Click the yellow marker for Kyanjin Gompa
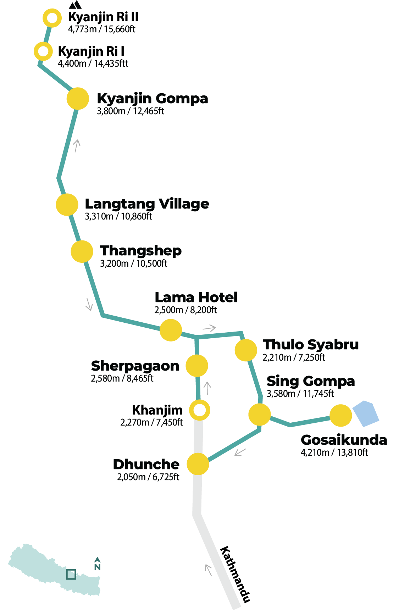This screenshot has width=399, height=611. tap(78, 99)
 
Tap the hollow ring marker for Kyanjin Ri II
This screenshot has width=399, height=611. tap(52, 18)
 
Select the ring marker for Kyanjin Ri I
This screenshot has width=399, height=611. tap(43, 51)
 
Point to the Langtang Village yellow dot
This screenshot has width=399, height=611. tap(67, 205)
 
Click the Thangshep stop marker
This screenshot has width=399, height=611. tap(82, 251)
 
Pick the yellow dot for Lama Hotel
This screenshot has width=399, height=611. tap(171, 330)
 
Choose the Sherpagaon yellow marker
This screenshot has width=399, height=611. tap(197, 366)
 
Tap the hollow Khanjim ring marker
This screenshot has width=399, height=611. tap(200, 410)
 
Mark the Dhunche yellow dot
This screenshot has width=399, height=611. tap(198, 464)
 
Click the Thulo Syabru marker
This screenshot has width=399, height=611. tap(246, 350)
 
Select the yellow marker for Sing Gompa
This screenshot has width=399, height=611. tap(260, 415)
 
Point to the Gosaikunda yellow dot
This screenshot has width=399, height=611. tap(341, 415)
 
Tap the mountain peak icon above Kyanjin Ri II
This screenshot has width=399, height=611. tap(75, 5)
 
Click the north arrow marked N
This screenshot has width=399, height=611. tap(97, 564)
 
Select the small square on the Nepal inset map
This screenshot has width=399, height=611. tap(71, 574)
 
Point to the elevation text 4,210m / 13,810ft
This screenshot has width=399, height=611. tap(334, 452)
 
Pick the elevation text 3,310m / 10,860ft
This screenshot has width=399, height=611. tap(118, 216)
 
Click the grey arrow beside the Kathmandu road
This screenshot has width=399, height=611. tap(209, 570)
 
